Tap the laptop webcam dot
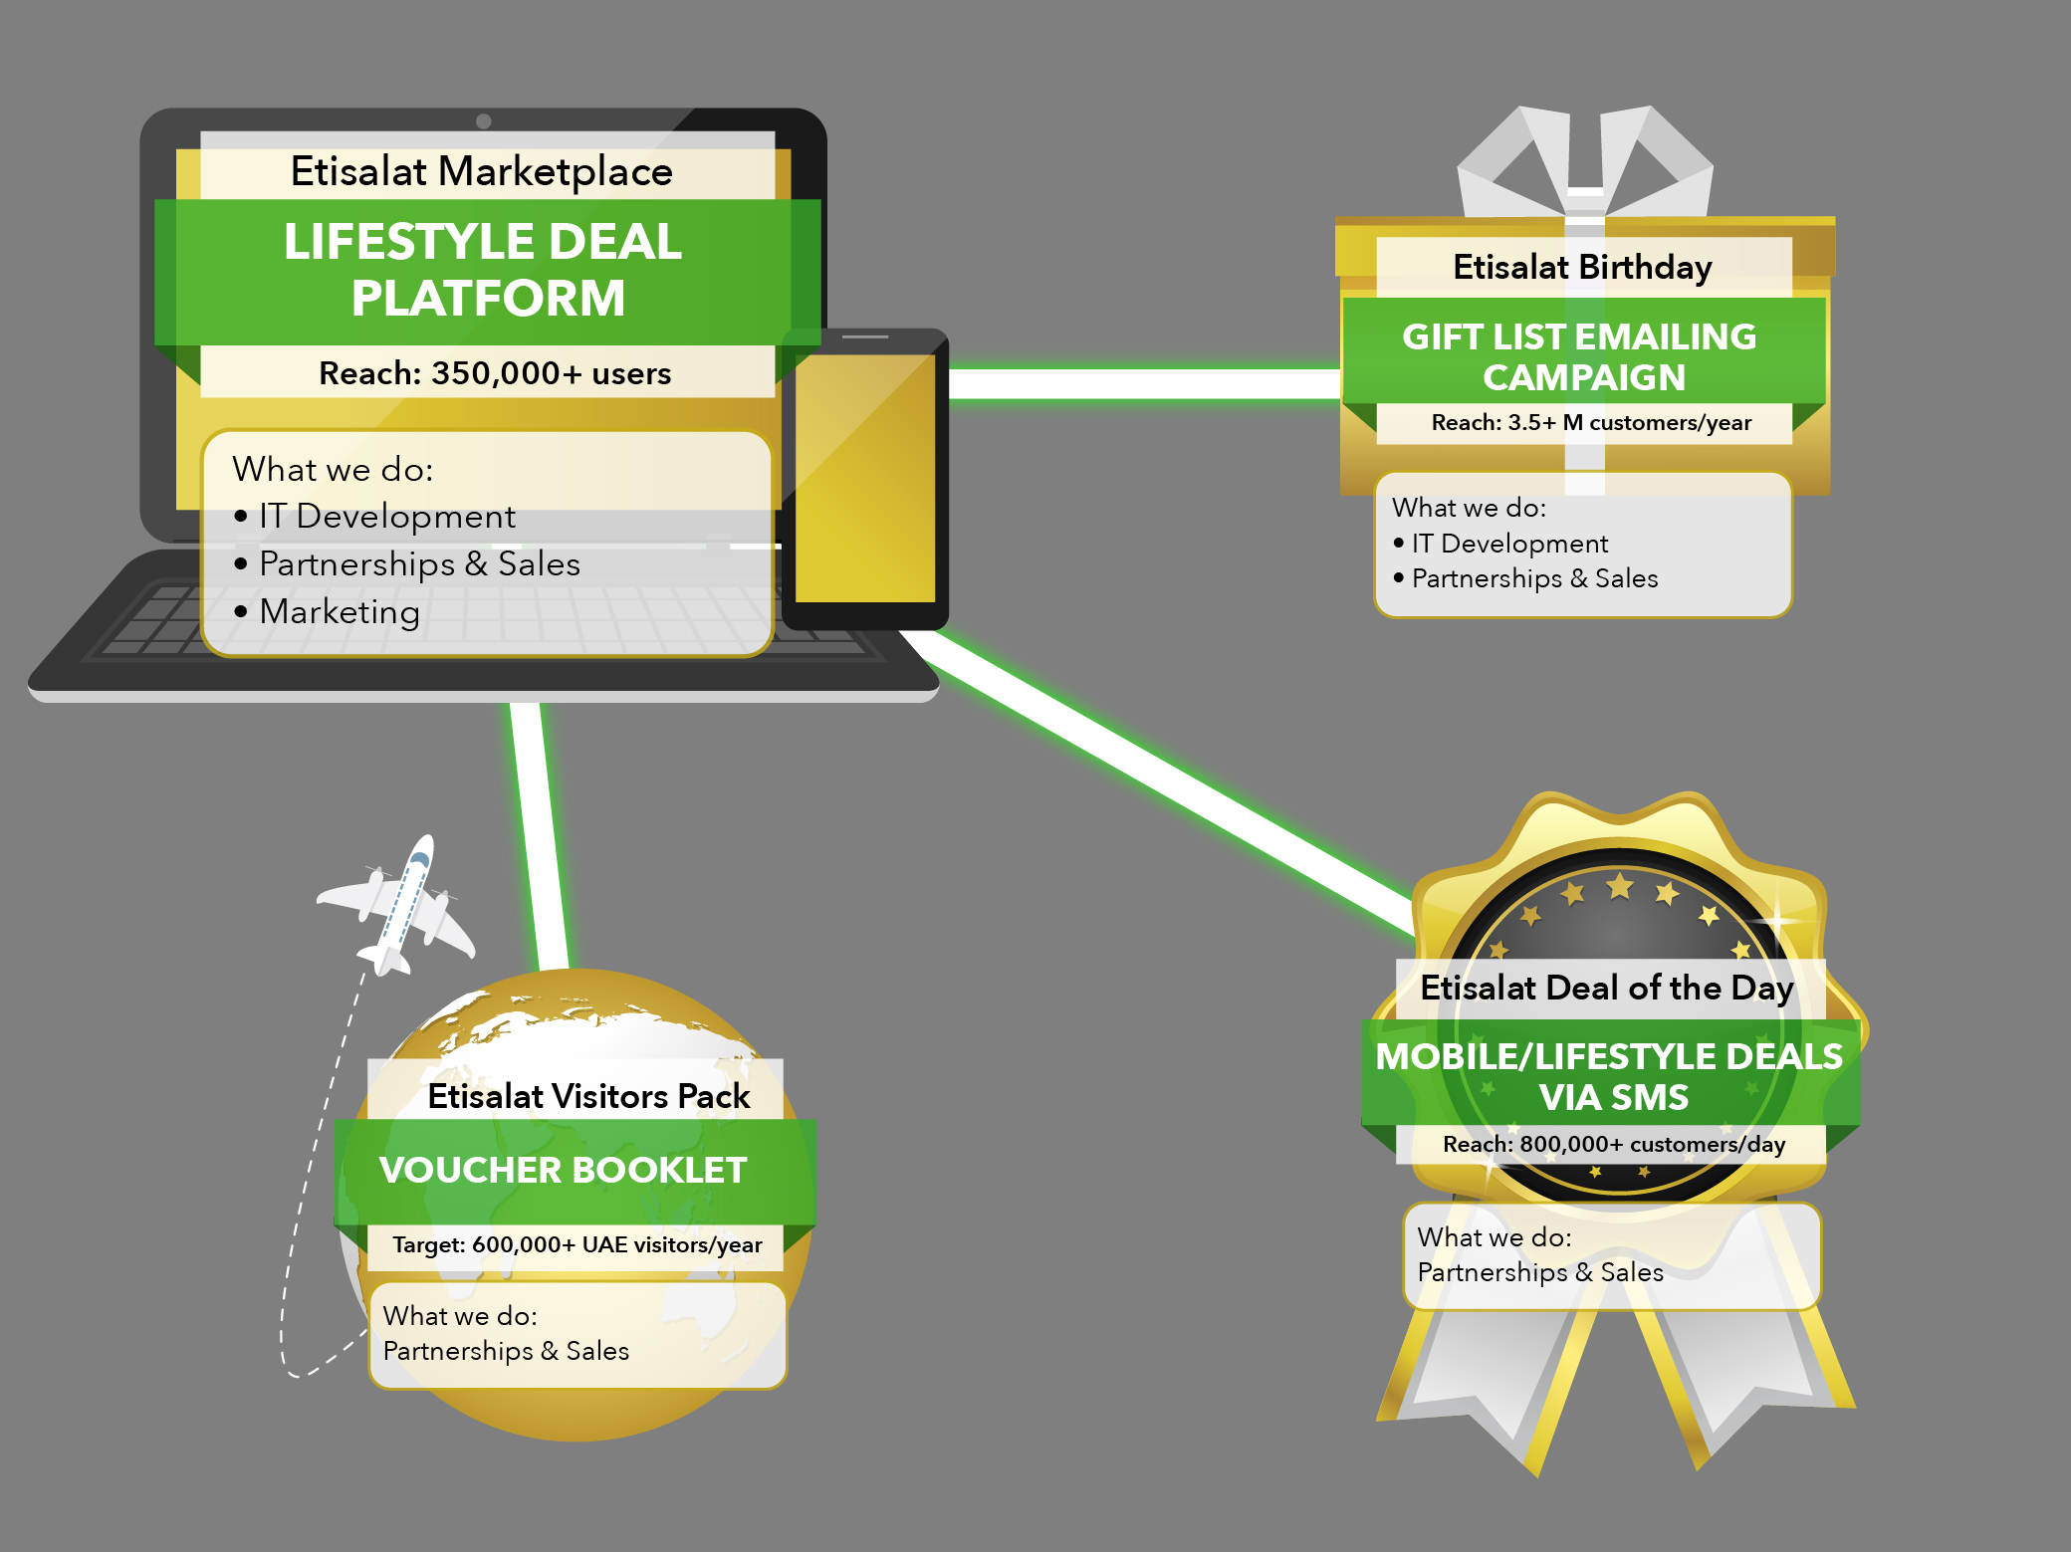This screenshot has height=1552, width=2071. click(484, 121)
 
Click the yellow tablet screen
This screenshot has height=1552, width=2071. click(865, 478)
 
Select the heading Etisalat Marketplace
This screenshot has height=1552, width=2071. click(481, 172)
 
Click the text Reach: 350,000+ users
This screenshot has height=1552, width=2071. click(495, 373)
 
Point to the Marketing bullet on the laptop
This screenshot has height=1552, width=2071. click(339, 611)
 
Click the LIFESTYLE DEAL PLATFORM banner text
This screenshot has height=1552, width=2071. click(485, 270)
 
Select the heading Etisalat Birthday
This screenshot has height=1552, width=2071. click(1582, 267)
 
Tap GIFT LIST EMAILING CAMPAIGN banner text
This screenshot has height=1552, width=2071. click(1580, 357)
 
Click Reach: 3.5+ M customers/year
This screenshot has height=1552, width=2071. click(1591, 422)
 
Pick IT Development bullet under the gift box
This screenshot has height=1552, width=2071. click(1508, 544)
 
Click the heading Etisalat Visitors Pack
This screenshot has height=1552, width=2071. click(588, 1096)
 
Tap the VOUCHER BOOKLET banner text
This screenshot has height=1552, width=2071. click(563, 1171)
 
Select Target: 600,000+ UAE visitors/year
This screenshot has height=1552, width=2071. click(577, 1244)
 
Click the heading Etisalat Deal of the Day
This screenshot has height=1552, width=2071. click(1607, 988)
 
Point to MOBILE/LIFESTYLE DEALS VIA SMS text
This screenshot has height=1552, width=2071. click(1609, 1076)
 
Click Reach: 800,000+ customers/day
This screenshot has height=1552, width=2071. click(1614, 1144)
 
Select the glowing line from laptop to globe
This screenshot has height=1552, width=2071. click(538, 836)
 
